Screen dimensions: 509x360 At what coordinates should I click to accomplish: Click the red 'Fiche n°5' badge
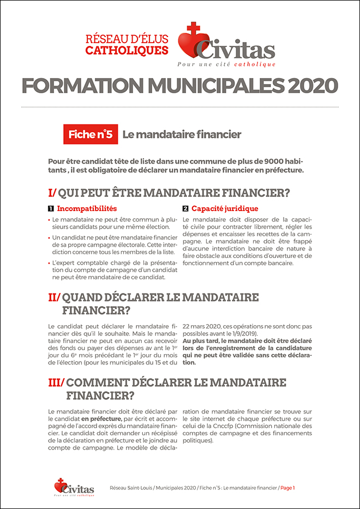[x=91, y=135]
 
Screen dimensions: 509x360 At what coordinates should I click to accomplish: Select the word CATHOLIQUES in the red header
[x=127, y=50]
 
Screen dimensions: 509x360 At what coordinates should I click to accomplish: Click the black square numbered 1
[x=51, y=208]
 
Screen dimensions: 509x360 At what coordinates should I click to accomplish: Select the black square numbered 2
[x=185, y=208]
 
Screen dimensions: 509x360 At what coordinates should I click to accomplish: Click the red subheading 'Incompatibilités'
[x=87, y=208]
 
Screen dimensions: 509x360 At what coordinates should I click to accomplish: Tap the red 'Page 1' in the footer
[x=287, y=487]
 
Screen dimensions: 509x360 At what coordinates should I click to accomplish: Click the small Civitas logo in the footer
[x=74, y=487]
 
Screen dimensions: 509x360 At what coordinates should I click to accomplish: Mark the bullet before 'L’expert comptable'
[x=50, y=263]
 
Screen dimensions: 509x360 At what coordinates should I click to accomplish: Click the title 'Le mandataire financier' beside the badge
[x=182, y=135]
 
